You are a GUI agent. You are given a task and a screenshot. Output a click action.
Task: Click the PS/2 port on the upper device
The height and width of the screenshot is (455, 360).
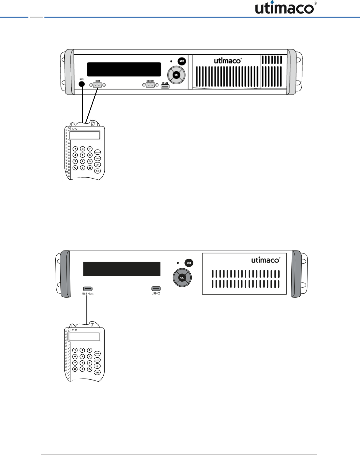[x=82, y=84]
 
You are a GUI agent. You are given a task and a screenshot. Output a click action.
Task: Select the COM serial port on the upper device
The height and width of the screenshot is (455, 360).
[x=98, y=85]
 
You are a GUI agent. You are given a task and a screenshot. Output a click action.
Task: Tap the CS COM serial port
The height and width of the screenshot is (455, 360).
[x=150, y=85]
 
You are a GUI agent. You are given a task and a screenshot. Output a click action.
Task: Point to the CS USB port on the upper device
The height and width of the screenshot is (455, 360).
[x=165, y=87]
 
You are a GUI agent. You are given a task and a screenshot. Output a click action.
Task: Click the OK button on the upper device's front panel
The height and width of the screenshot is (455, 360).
[x=176, y=75]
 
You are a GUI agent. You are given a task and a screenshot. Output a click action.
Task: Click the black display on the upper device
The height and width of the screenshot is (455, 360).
[x=124, y=69]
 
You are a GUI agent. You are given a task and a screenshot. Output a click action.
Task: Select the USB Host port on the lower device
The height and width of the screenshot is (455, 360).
[x=88, y=289]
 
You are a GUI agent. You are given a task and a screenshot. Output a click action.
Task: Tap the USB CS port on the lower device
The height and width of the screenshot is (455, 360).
[x=156, y=289]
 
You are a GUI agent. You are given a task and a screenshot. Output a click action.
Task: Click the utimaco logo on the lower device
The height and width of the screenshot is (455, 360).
[x=265, y=260]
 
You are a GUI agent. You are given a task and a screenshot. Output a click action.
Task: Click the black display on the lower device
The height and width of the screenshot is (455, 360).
[x=122, y=269]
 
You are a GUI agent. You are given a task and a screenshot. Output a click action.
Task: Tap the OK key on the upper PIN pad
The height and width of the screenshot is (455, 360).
[x=97, y=171]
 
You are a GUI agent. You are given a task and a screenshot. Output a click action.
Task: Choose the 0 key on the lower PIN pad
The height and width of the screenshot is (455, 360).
[x=82, y=369]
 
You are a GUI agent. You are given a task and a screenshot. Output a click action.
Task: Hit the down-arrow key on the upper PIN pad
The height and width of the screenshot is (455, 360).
[x=75, y=168]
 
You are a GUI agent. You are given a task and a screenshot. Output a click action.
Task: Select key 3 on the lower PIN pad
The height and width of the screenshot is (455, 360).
[x=89, y=350]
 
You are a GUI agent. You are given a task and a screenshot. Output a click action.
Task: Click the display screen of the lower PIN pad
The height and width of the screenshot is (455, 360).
[x=84, y=336]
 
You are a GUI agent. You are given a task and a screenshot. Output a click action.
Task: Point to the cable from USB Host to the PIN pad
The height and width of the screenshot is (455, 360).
[x=87, y=310]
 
